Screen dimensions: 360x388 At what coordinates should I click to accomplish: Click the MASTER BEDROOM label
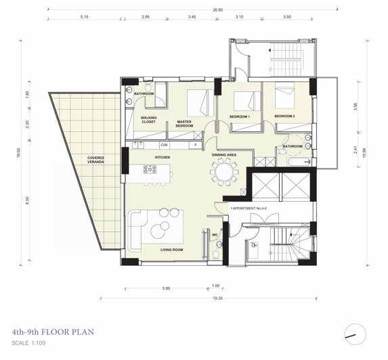pos(184,124)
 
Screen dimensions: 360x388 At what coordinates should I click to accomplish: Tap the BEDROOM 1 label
pos(239,117)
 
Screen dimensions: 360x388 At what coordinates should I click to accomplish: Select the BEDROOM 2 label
pos(285,117)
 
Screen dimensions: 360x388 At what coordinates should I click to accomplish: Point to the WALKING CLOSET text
pos(149,120)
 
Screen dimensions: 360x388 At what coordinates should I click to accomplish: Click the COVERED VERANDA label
pos(95,160)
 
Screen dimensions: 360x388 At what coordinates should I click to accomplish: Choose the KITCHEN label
pos(162,157)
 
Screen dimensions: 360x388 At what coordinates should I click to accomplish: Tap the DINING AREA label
pos(223,155)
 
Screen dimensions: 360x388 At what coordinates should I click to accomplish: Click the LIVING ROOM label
pos(172,250)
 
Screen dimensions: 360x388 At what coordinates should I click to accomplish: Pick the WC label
pos(215,235)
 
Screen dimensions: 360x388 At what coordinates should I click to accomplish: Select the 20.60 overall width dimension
pos(217,9)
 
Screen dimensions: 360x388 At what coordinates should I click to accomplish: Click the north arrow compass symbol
pos(355,333)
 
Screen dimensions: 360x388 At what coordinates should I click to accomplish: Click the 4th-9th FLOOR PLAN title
pos(52,332)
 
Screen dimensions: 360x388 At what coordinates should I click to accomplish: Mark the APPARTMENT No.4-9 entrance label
pos(249,208)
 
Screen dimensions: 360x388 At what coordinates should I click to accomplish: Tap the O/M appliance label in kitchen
pos(164,145)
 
